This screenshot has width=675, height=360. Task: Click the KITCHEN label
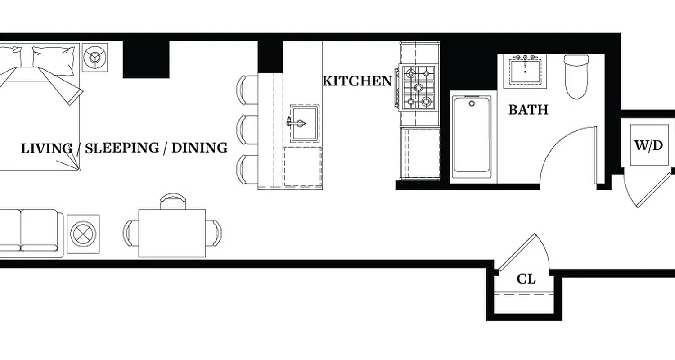click(x=357, y=81)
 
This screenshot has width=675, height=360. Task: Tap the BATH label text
click(x=528, y=110)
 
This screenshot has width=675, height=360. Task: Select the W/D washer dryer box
click(x=648, y=145)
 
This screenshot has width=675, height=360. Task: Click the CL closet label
click(x=526, y=279)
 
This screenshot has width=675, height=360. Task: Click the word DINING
click(x=199, y=148)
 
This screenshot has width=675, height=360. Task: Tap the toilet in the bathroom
click(x=576, y=76)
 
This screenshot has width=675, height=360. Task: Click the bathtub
click(x=472, y=135)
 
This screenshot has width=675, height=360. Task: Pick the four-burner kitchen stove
click(x=418, y=87)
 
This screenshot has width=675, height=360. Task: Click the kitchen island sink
click(x=305, y=123)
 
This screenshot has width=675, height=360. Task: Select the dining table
click(x=172, y=233)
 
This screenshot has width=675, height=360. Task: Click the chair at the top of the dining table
click(x=173, y=201)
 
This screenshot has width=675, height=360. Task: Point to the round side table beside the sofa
click(x=83, y=234)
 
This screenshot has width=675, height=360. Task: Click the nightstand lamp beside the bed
click(x=95, y=57)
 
